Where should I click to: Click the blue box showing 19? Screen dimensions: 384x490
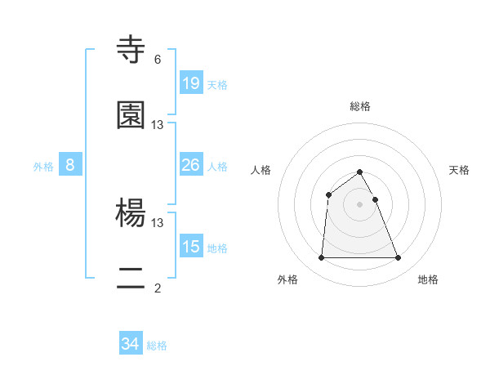pos(191,83)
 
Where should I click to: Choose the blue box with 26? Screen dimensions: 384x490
pos(191,165)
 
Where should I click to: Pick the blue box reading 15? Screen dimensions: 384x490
pos(191,247)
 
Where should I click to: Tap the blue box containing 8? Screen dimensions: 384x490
pos(70,165)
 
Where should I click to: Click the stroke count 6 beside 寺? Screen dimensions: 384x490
pos(158,60)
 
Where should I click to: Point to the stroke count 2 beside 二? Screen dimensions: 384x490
pos(158,288)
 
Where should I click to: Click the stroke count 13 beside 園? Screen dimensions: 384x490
pos(158,124)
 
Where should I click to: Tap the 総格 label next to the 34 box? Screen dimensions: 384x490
pos(157,346)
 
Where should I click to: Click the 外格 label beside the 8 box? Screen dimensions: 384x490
pos(43,167)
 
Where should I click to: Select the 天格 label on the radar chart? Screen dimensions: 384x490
pos(460,170)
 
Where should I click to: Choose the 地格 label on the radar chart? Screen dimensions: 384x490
pos(428,280)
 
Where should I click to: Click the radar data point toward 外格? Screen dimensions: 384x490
pos(321,258)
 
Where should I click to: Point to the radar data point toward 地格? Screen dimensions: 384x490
pos(398,258)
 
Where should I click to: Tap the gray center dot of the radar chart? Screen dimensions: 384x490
pos(359,204)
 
